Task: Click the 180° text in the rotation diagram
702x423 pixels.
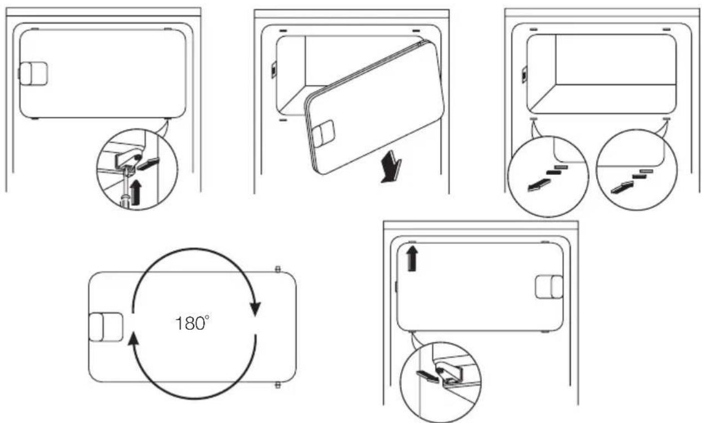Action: click(x=192, y=323)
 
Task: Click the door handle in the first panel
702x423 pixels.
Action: click(x=33, y=74)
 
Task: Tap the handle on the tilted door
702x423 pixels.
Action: click(x=323, y=134)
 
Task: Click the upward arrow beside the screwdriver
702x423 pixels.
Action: click(x=136, y=192)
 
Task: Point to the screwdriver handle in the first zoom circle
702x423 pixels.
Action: click(x=125, y=200)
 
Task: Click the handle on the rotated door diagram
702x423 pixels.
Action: click(x=105, y=327)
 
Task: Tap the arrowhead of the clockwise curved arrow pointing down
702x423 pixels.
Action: click(x=255, y=309)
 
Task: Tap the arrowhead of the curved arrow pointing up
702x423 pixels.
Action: click(x=134, y=339)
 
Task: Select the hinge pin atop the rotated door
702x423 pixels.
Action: click(x=277, y=269)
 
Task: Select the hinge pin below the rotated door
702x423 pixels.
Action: click(x=277, y=385)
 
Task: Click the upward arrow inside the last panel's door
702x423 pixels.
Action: click(x=412, y=258)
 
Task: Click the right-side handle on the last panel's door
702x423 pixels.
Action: click(x=549, y=287)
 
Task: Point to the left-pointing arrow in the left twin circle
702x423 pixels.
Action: click(x=539, y=185)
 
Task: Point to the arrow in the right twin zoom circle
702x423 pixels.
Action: click(x=622, y=187)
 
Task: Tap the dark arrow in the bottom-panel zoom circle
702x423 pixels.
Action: click(x=427, y=376)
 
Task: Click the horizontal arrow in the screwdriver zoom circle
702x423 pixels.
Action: click(x=148, y=164)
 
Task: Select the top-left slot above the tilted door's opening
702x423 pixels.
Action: click(x=283, y=31)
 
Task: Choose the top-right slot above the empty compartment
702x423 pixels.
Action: click(x=666, y=29)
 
